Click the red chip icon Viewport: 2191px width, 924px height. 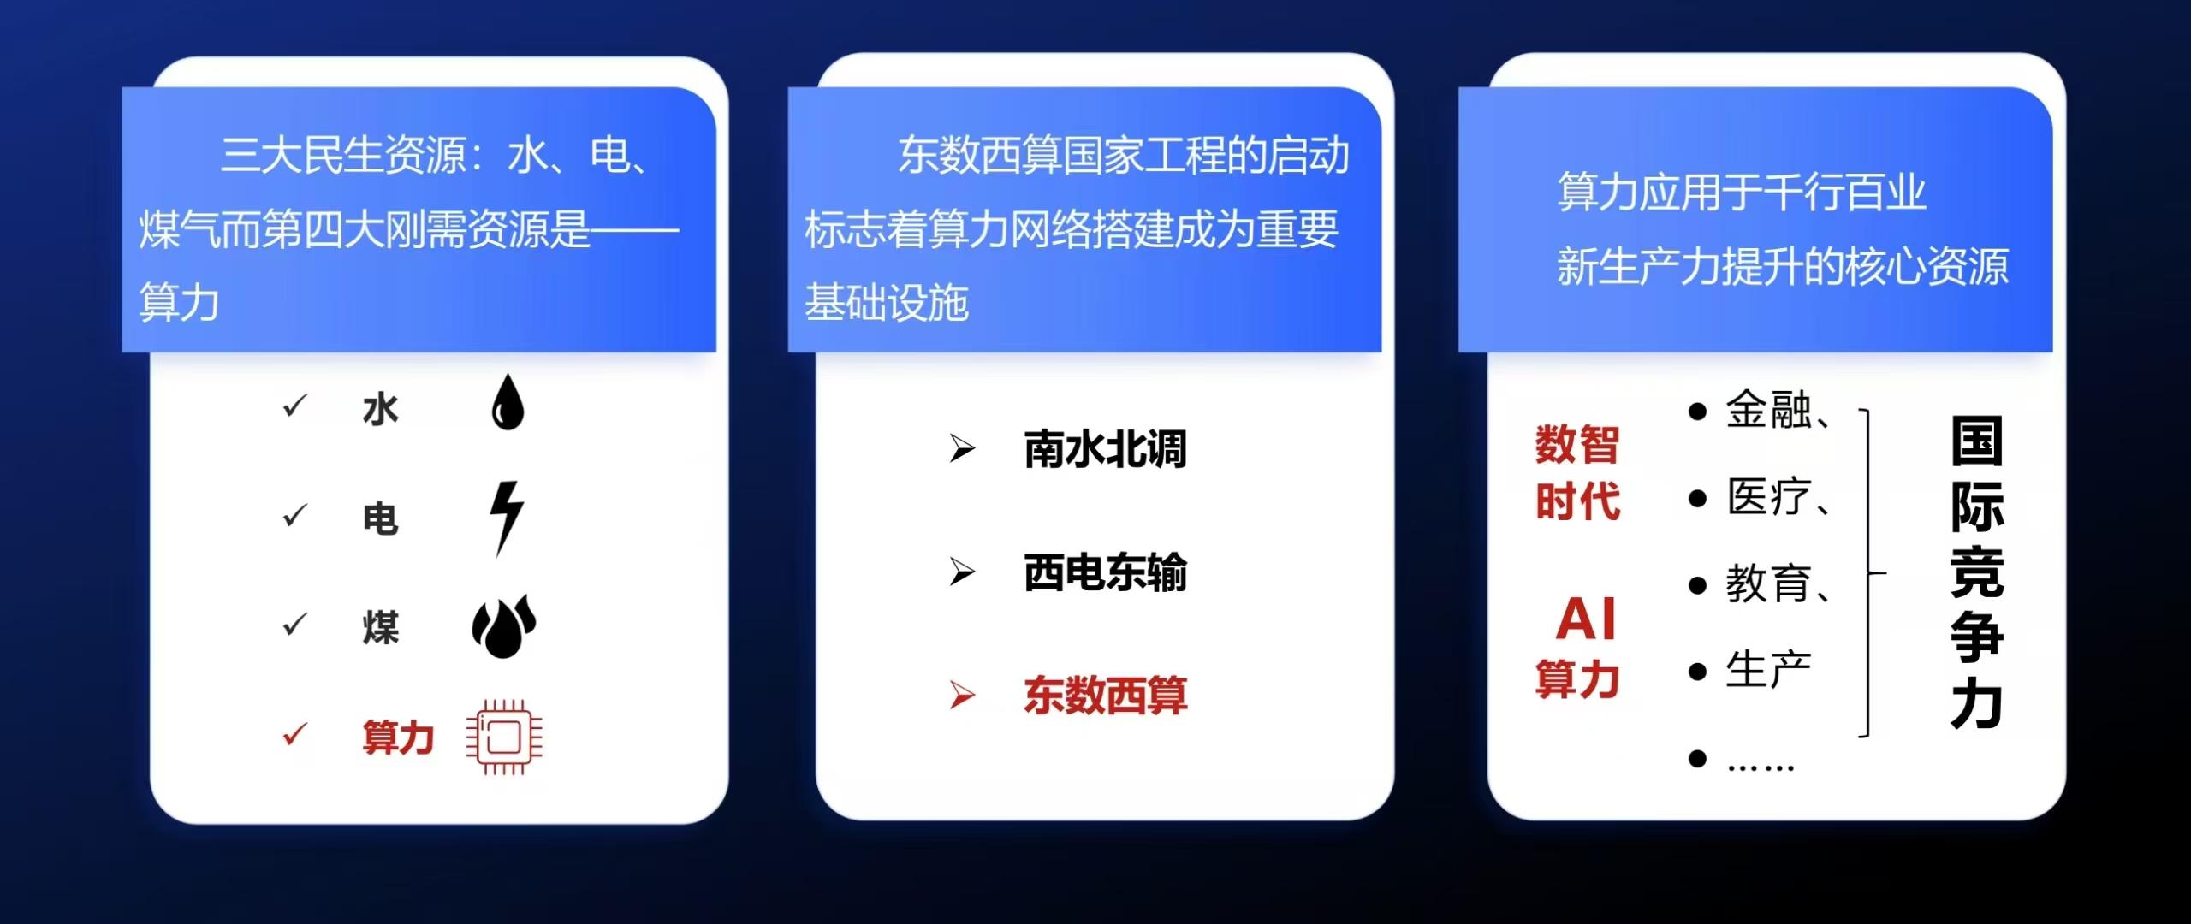[504, 737]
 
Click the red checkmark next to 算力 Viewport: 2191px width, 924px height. [294, 734]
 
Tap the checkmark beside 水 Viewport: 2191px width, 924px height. [294, 406]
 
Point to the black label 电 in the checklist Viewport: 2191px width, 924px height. [381, 518]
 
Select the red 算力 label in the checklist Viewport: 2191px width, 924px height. [398, 737]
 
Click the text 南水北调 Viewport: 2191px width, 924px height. [1105, 449]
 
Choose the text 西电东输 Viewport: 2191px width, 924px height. [1105, 572]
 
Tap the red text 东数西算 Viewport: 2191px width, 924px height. [1105, 696]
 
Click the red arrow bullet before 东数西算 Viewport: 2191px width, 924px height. [962, 695]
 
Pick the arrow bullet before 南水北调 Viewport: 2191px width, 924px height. [962, 447]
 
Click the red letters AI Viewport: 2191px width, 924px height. [1586, 619]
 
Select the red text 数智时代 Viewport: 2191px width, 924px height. [1577, 472]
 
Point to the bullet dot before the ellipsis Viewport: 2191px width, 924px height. [1698, 758]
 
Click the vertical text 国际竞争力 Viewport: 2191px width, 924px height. [1977, 572]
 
